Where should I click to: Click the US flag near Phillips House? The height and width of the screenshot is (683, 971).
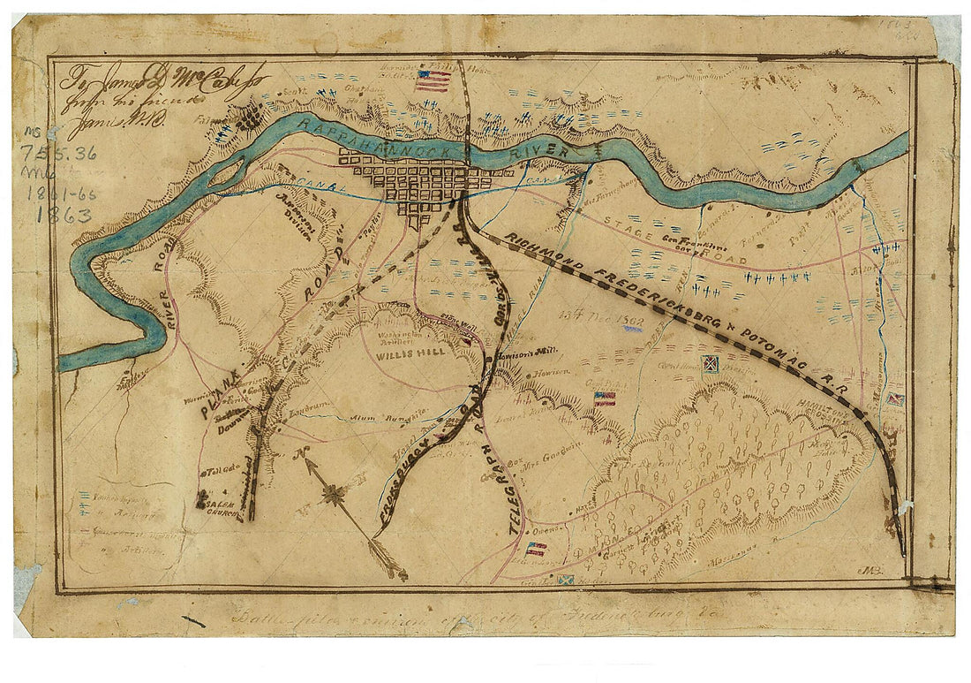[433, 81]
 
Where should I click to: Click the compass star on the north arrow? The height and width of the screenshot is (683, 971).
[333, 495]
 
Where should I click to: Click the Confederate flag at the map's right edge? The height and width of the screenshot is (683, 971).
[895, 399]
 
